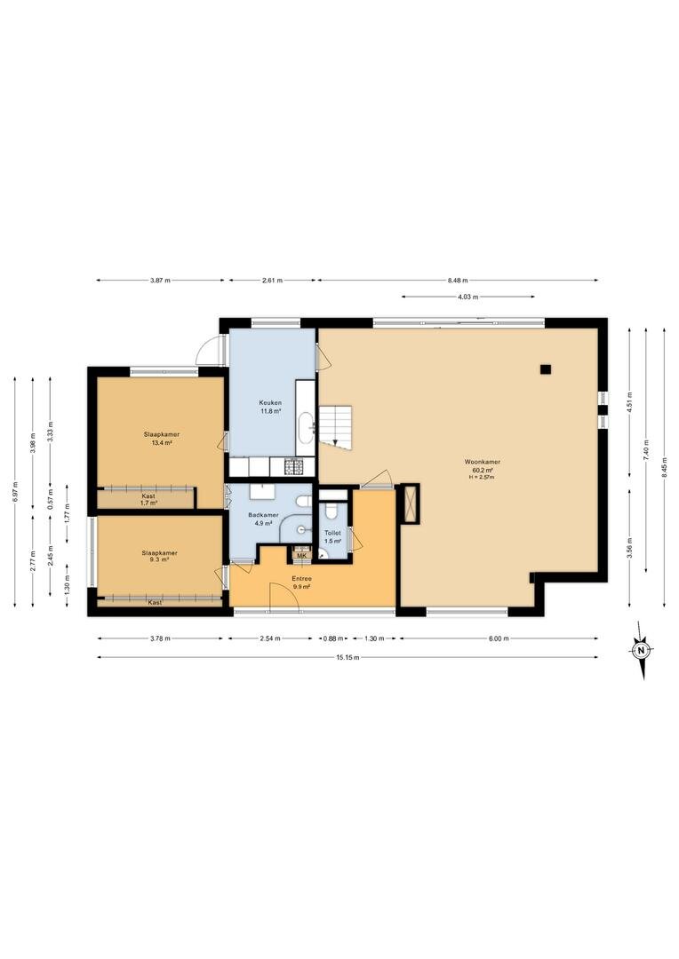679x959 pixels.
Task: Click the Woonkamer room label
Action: [481, 462]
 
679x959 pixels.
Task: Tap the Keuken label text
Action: [270, 402]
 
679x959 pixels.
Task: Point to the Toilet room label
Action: [332, 534]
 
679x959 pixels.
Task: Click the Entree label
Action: [302, 579]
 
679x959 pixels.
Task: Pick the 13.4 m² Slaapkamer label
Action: [162, 434]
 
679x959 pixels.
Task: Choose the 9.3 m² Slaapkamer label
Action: [159, 553]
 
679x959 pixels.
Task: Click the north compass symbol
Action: [641, 650]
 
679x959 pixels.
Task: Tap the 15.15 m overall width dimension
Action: [347, 657]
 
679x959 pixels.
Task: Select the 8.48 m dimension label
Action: [458, 280]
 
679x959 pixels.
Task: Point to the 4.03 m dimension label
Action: [467, 297]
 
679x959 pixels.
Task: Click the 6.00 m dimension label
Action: [499, 638]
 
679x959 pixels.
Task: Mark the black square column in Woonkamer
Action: [546, 369]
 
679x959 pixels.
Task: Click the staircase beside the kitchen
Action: [336, 426]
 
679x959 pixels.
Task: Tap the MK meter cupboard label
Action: [301, 556]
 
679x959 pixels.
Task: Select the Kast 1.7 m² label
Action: [148, 499]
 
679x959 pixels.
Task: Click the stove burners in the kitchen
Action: [293, 468]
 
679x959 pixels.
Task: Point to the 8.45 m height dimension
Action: [664, 467]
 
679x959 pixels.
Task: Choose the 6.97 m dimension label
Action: [15, 492]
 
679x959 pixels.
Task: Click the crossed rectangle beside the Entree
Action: [409, 503]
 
